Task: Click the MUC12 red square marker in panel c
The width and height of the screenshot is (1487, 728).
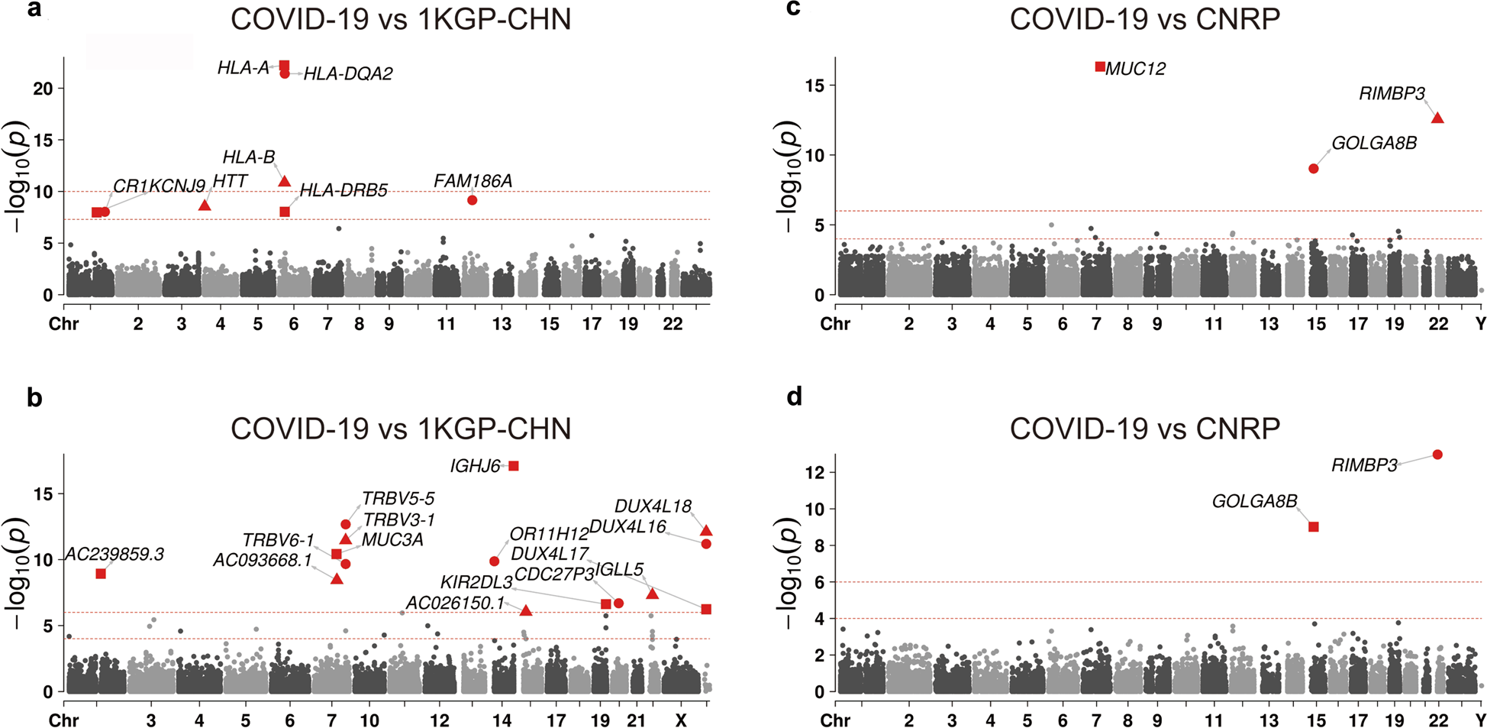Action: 1100,66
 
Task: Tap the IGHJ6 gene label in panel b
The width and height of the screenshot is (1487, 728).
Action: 475,466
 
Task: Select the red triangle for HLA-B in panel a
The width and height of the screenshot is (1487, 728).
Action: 285,182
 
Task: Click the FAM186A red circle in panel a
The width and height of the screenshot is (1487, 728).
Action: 473,200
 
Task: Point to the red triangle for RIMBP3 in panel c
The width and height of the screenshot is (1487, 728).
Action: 1437,118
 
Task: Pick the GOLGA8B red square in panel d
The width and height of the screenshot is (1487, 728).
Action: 1314,527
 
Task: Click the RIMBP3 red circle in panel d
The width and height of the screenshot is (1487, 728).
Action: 1437,455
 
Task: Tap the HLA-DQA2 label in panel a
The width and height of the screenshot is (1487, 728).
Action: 348,74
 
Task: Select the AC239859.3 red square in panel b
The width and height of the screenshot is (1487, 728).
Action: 101,574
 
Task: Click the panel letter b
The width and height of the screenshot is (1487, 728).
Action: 34,398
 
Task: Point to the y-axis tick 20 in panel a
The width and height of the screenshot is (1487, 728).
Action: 43,89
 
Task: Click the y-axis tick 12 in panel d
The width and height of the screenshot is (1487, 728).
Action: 814,473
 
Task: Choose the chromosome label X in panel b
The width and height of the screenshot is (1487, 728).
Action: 681,720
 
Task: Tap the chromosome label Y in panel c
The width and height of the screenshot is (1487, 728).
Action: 1480,324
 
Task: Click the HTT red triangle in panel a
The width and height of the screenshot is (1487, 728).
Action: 205,205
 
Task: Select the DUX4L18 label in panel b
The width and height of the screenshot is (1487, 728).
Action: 653,506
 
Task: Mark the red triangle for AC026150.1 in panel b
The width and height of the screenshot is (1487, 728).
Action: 526,610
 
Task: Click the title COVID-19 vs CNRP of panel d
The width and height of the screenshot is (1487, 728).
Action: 1144,429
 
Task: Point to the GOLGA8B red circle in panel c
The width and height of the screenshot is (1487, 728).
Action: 1314,169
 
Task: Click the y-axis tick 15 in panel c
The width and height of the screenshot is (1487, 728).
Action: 814,86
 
